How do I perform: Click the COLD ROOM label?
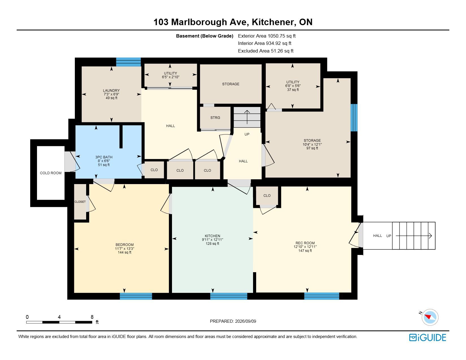(x=51, y=173)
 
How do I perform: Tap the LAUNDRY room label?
(x=111, y=90)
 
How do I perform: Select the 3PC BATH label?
(x=104, y=157)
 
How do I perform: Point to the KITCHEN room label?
(x=212, y=236)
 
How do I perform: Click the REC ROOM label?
(x=305, y=243)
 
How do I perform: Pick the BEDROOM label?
(x=125, y=245)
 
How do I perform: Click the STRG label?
(x=215, y=118)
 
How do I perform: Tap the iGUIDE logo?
(x=428, y=337)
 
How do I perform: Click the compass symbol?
(x=430, y=317)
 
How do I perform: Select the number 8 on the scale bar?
(x=92, y=317)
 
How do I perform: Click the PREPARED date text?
(x=233, y=321)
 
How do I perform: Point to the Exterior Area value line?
(x=267, y=36)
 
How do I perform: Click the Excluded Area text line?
(x=266, y=51)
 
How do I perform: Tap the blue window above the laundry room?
(x=129, y=62)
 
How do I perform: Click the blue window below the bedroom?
(x=136, y=296)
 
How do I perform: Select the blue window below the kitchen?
(x=228, y=296)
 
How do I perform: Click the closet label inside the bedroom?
(x=80, y=202)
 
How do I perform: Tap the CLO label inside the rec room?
(x=267, y=196)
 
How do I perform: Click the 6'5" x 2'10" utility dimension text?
(x=171, y=77)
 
